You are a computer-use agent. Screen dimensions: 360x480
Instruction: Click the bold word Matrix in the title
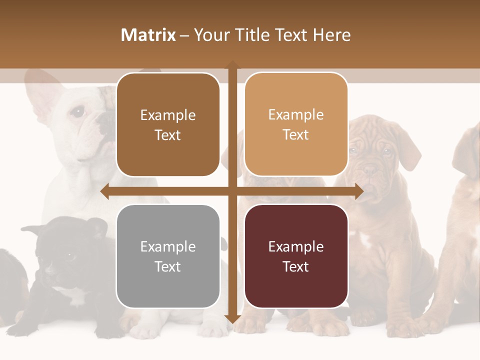point(148,35)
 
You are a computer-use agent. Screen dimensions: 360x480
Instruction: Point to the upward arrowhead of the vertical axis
point(232,65)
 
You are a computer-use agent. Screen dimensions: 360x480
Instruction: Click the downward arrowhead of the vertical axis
point(232,319)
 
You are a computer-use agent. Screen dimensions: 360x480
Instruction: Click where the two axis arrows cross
point(232,191)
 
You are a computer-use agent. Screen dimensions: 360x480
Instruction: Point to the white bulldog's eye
point(77,112)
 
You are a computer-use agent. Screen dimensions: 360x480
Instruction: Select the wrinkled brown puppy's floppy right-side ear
point(407,147)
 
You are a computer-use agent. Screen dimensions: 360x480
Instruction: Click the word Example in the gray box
point(168,246)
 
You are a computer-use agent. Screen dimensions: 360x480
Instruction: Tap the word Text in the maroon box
point(296,267)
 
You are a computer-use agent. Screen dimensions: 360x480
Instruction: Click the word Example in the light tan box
point(296,114)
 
